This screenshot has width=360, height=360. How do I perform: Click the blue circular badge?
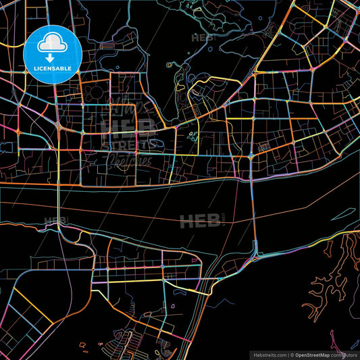pyautogui.click(x=52, y=54)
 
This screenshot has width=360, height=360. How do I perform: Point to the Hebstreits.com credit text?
pyautogui.click(x=269, y=354)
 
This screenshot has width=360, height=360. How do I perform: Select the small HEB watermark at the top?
pyautogui.click(x=202, y=38)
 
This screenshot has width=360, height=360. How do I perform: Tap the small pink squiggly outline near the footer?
pyautogui.click(x=84, y=349)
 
